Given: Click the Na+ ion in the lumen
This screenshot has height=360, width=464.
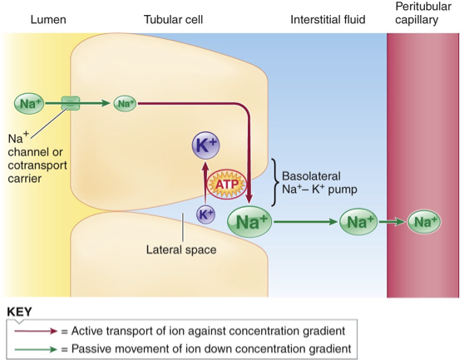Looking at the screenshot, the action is coord(29,104).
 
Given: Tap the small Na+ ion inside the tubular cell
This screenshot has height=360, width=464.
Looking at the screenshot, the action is coord(126,104).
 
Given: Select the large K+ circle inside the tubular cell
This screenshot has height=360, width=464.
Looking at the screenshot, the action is coord(205,145).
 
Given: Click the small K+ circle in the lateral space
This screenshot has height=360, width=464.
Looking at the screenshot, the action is coord(205,215).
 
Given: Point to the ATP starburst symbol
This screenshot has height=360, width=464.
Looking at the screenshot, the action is coord(227,185).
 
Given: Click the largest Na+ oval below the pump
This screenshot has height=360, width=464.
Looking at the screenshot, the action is coord(249,221).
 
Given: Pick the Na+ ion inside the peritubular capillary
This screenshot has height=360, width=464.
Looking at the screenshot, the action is coord(424,221).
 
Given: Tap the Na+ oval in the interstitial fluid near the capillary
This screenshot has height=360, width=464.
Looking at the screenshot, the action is coord(358,221).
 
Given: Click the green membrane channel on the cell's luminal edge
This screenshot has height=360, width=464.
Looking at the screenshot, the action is coord(71,103).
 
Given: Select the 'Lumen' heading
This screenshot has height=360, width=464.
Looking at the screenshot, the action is coord(48,20).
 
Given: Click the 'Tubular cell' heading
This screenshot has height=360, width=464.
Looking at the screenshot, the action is coord(174,20).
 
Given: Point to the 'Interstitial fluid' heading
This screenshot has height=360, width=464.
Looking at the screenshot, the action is coord(328,20).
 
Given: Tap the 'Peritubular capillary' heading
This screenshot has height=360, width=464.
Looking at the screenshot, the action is coord(423,13).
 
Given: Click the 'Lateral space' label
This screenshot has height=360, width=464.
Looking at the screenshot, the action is coord(181,250).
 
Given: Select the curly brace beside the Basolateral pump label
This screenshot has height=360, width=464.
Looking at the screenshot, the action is coord(275,183).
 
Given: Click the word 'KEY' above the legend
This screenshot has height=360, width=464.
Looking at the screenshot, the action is coord(19,312).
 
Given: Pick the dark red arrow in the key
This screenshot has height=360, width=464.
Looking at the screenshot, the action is coord(36,331).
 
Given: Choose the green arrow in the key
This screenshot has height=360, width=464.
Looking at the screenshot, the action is coord(36,349).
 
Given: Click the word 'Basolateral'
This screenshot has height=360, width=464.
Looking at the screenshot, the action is coord(311,176).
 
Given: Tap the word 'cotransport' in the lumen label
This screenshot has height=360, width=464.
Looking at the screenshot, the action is coord(37,165).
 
